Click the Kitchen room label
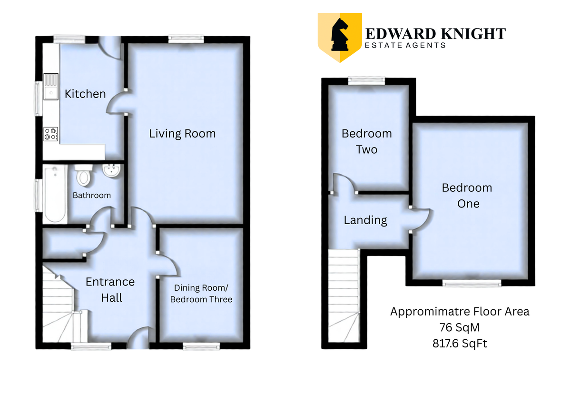point(85,94)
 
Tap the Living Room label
point(182,134)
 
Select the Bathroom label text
point(92,195)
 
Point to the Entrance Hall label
point(110,290)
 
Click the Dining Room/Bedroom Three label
point(201,294)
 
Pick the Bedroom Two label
point(366,141)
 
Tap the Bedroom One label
point(467,196)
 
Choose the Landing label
point(365,220)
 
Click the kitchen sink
point(51,87)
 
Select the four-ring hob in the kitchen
point(51,134)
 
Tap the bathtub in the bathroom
point(55,194)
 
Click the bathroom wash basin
point(111,170)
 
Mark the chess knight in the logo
point(340,34)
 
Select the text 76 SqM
point(459,327)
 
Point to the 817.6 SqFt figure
point(460,344)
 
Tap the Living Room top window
point(186,39)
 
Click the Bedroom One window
point(472,283)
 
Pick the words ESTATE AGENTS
point(405,45)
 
